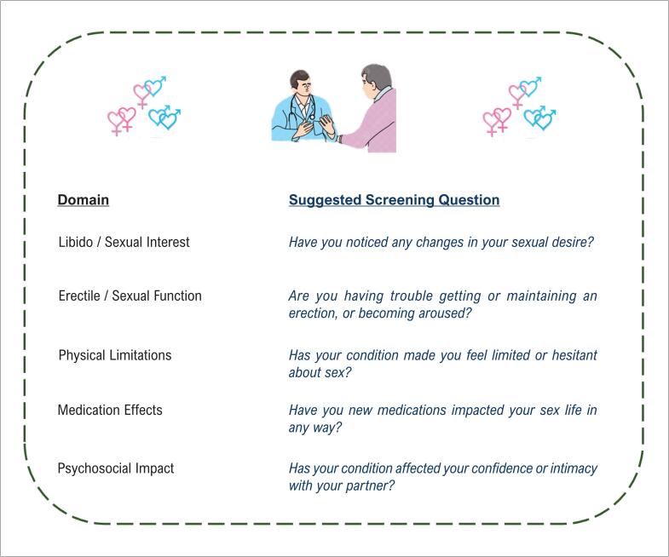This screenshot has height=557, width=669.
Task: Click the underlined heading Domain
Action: [83, 200]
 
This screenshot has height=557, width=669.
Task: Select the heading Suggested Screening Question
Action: [394, 200]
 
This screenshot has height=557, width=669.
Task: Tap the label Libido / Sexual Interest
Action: [124, 242]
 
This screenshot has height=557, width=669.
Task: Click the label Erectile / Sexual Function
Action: [130, 296]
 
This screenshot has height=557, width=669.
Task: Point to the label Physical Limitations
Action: [114, 355]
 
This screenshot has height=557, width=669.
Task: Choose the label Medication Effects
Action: [109, 411]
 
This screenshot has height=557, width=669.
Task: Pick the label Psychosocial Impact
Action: [115, 468]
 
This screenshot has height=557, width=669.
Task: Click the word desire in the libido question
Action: [571, 242]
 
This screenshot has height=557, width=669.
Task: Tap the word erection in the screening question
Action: [314, 313]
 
